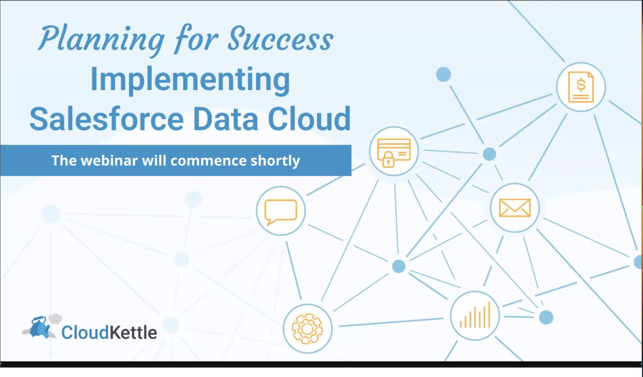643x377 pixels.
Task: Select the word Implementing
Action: point(190,80)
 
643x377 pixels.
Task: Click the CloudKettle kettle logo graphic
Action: point(41,327)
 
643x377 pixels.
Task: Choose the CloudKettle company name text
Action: point(109,333)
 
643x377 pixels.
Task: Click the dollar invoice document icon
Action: point(581,87)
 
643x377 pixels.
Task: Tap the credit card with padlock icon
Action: point(394,150)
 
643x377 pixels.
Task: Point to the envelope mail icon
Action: point(514,207)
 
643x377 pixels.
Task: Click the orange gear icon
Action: point(308,327)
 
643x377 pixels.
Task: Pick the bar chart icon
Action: point(475,314)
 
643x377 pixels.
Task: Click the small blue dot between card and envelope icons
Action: point(489,154)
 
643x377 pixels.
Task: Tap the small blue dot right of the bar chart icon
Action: point(545,317)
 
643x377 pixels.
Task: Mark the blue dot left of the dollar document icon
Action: point(443,74)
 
